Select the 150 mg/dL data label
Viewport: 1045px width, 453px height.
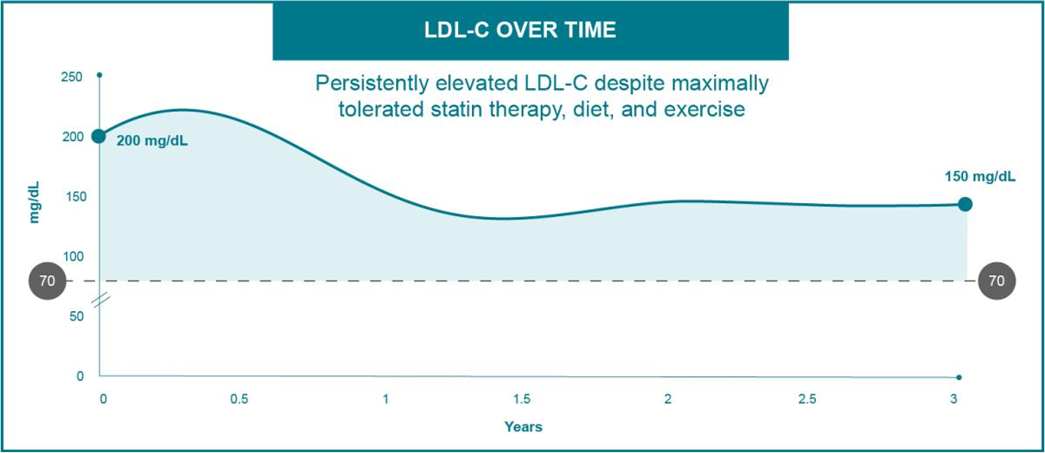980,177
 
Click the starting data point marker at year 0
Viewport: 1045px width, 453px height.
99,136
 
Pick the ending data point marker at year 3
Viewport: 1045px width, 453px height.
965,204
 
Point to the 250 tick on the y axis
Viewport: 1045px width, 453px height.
73,77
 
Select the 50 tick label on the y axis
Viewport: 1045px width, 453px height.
77,315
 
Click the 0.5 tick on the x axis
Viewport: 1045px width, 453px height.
239,399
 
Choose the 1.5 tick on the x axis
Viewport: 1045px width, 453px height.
522,399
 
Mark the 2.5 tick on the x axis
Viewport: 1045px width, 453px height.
806,399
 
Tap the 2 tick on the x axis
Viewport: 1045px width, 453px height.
667,399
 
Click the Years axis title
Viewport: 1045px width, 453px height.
522,427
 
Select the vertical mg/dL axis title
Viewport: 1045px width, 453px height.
36,202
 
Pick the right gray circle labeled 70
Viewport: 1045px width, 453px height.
996,281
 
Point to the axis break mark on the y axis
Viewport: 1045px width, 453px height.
101,300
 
